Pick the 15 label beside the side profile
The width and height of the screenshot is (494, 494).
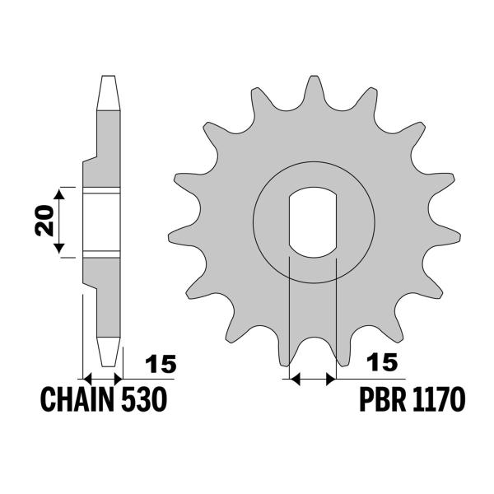[161, 363]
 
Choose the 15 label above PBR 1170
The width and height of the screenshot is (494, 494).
[380, 363]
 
